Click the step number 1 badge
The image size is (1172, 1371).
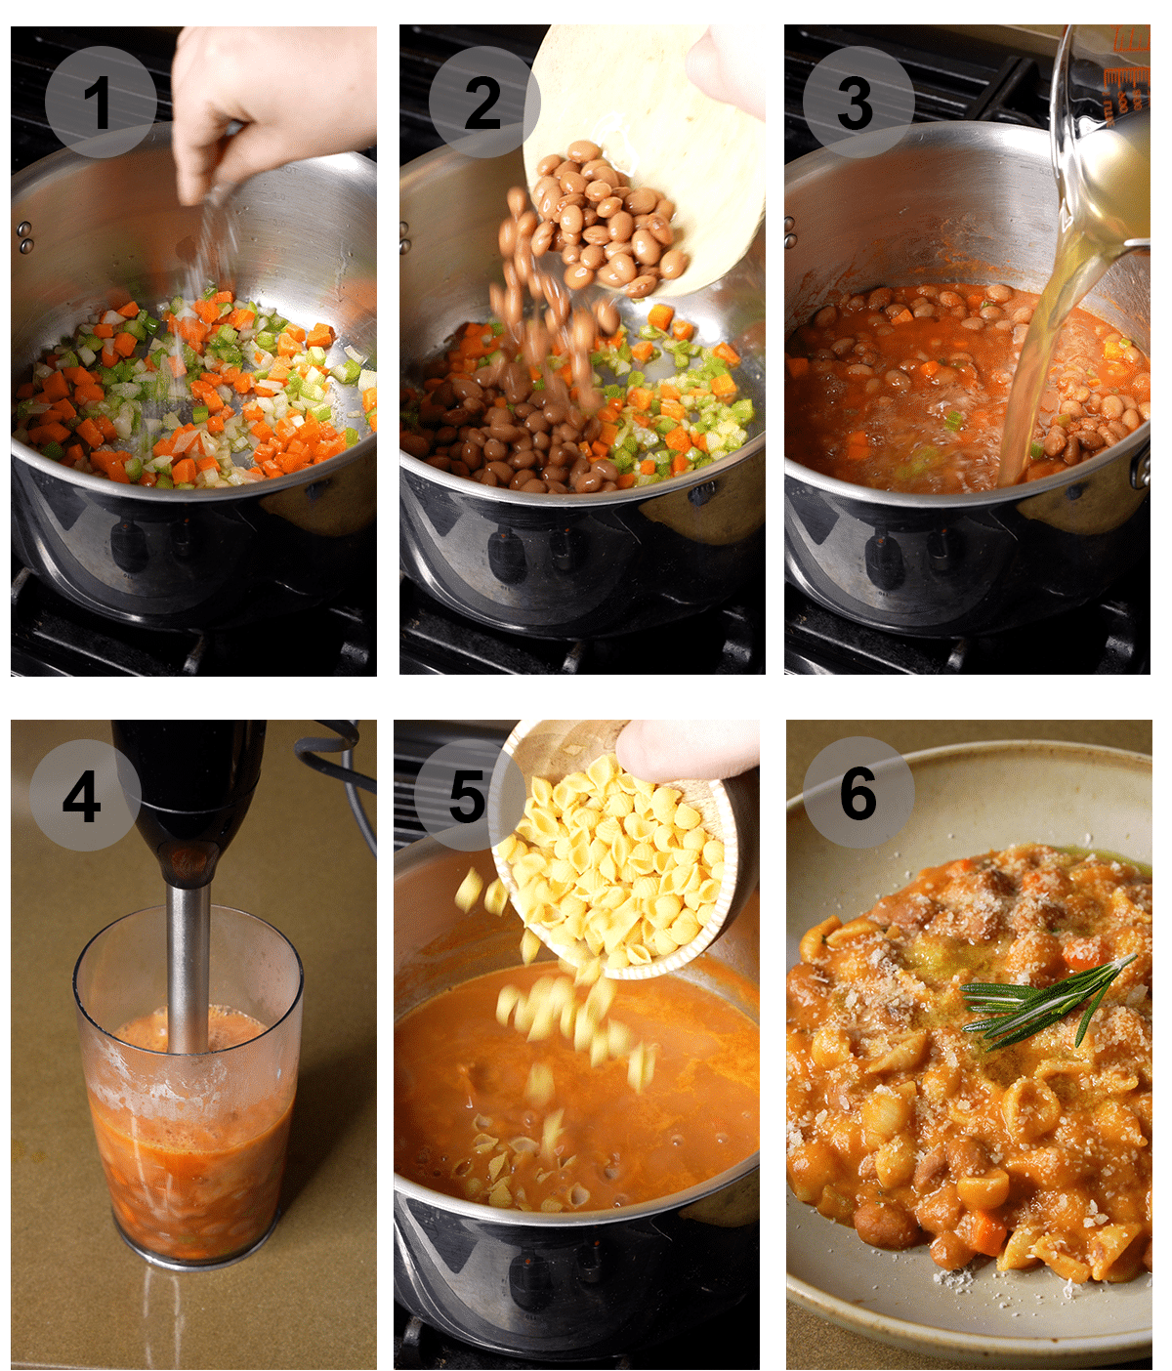tap(100, 103)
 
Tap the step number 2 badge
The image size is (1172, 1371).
tap(483, 103)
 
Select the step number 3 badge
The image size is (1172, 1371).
tap(858, 103)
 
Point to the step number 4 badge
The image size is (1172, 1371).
tap(84, 795)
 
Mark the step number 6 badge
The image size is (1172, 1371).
tap(858, 793)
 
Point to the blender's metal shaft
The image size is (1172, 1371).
tap(188, 967)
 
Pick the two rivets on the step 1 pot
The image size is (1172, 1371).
tap(24, 235)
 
